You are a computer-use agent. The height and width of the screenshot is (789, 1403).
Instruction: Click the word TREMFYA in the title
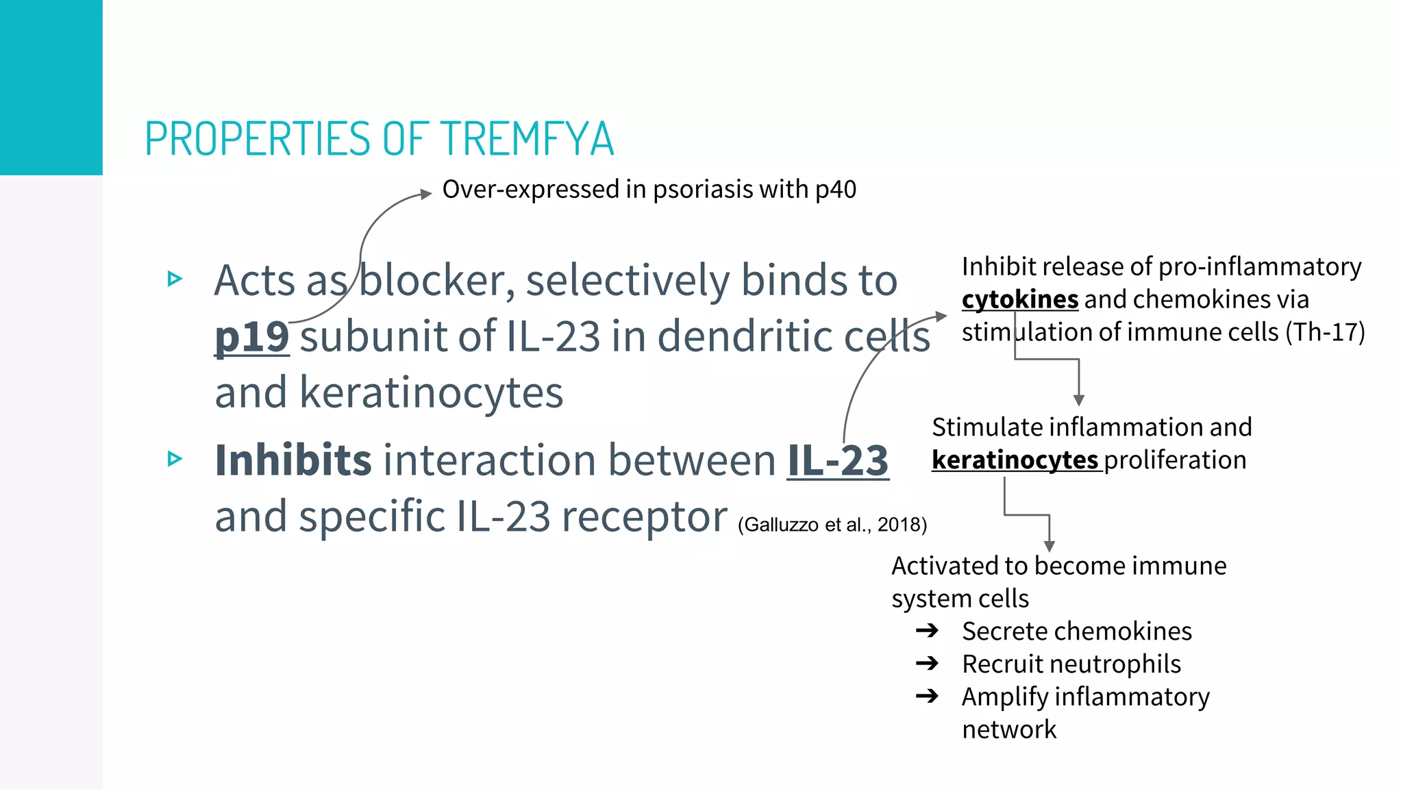point(527,139)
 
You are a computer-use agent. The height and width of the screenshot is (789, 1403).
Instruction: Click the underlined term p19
point(251,336)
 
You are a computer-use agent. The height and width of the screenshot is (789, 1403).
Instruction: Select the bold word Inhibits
point(293,460)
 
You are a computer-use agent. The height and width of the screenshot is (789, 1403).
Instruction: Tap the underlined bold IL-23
point(838,460)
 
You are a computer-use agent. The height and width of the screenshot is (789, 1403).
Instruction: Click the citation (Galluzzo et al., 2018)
point(832,525)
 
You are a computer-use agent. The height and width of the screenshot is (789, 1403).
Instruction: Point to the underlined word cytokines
point(1020,299)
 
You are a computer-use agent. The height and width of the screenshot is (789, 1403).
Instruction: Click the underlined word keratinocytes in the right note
point(1015,460)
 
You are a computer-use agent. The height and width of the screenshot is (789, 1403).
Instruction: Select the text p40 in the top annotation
point(836,190)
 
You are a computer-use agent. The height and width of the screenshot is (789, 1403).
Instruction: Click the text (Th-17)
point(1325,332)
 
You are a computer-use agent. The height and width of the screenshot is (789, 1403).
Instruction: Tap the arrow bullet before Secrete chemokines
point(927,631)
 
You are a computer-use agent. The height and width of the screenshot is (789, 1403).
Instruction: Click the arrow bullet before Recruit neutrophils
point(927,664)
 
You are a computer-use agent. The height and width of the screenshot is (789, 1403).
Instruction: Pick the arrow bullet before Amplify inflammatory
point(927,697)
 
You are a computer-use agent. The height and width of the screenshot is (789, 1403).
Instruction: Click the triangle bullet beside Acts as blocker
point(175,279)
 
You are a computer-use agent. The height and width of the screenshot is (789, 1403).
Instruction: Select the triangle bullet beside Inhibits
point(175,458)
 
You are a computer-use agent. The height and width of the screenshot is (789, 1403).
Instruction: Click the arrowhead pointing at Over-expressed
point(426,194)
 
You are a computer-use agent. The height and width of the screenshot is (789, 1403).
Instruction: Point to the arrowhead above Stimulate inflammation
point(1079,401)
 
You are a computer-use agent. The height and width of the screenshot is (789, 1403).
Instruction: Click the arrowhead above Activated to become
point(1049,546)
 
